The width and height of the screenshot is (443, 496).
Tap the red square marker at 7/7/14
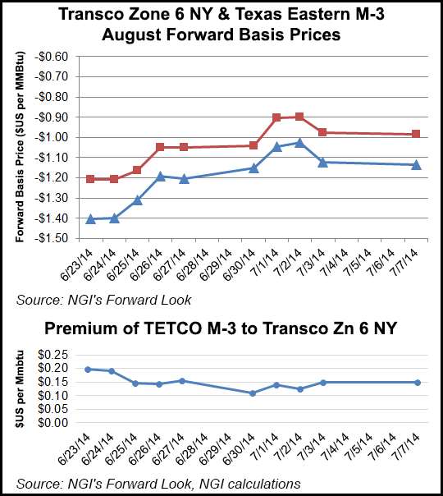click(x=417, y=134)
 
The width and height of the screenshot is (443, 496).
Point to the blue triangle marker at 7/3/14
click(x=323, y=162)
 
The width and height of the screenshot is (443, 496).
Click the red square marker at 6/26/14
click(x=160, y=147)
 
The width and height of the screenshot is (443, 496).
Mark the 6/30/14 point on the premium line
click(x=253, y=393)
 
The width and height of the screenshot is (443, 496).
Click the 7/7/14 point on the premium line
click(x=417, y=383)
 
